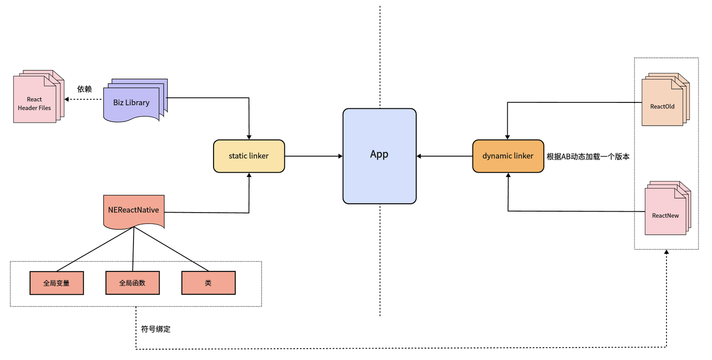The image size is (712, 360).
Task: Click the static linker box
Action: (249, 156)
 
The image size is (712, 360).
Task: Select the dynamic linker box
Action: (508, 156)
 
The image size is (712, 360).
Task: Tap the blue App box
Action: (380, 156)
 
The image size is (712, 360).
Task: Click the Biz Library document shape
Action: (135, 100)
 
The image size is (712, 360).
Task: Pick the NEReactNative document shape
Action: (134, 212)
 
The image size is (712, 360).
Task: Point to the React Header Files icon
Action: (39, 96)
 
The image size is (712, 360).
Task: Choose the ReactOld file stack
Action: (666, 99)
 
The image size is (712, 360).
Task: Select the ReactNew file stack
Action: (667, 208)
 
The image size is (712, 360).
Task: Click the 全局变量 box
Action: (56, 283)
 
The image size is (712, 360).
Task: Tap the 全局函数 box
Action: (133, 283)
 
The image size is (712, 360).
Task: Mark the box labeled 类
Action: (209, 283)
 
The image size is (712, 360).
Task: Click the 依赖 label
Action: (85, 89)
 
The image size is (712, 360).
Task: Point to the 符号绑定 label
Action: (156, 329)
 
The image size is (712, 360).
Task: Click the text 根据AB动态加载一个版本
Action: (588, 156)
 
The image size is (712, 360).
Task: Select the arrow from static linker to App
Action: (313, 156)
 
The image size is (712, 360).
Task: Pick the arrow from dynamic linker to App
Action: (445, 156)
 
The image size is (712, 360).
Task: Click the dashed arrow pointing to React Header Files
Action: (83, 99)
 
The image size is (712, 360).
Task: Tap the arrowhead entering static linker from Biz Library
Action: (249, 137)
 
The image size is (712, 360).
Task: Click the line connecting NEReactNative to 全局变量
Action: (95, 249)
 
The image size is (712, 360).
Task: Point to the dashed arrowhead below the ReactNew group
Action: (667, 252)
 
